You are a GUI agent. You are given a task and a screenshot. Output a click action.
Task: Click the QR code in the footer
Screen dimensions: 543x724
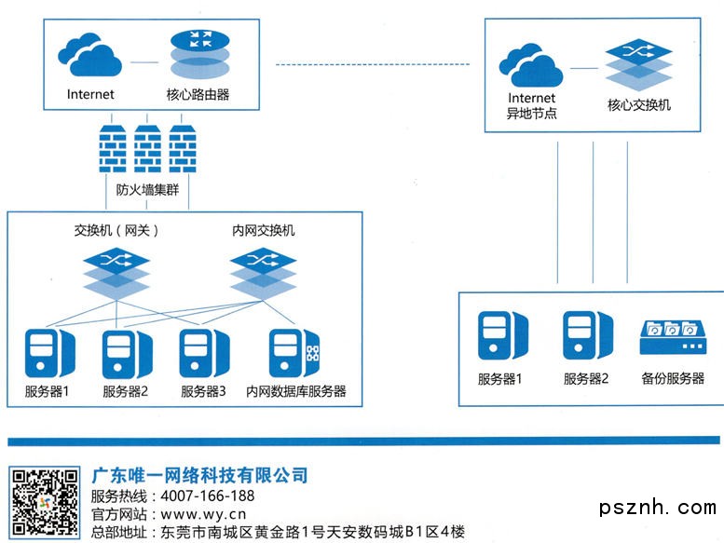45,504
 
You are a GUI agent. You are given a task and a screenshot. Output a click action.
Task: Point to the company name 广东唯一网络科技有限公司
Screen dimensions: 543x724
200,476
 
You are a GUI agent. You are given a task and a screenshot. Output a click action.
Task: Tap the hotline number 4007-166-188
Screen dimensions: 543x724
208,495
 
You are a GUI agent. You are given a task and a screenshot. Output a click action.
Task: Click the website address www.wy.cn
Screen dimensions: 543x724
203,513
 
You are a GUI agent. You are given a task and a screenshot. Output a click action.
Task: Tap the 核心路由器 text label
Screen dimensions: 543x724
198,94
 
